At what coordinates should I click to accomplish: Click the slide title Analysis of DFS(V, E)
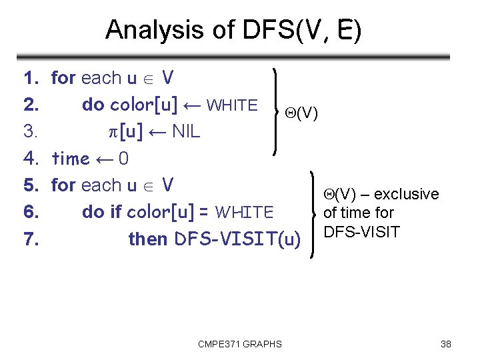[x=233, y=30]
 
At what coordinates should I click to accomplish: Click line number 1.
[x=30, y=79]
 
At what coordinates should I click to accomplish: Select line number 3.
[x=30, y=132]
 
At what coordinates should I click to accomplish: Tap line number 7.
[x=30, y=239]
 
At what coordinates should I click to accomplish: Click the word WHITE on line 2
[x=232, y=105]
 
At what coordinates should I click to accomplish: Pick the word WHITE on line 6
[x=245, y=213]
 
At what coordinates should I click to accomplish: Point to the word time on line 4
[x=70, y=159]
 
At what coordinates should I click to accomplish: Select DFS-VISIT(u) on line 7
[x=237, y=239]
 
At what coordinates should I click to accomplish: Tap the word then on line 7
[x=148, y=239]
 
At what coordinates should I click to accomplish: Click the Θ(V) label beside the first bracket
[x=301, y=114]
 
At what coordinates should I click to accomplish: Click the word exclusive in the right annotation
[x=406, y=194]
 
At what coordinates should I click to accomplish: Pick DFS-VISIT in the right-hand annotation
[x=361, y=232]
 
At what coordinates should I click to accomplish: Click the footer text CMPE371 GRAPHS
[x=239, y=344]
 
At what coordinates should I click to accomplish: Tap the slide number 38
[x=446, y=344]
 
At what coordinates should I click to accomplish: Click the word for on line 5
[x=63, y=185]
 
